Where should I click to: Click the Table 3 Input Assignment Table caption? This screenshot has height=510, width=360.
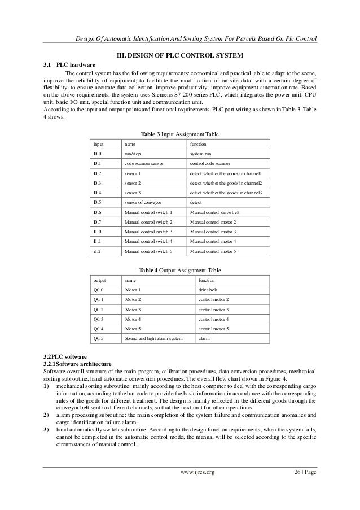tap(180, 134)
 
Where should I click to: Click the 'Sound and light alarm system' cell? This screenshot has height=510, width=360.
tap(153, 338)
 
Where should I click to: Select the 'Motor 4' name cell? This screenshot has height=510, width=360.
tap(133, 319)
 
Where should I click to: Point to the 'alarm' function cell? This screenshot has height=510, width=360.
tap(203, 338)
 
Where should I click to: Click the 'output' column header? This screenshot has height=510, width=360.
tap(99, 280)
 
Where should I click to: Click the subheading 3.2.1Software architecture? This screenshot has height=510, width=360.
tap(78, 365)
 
